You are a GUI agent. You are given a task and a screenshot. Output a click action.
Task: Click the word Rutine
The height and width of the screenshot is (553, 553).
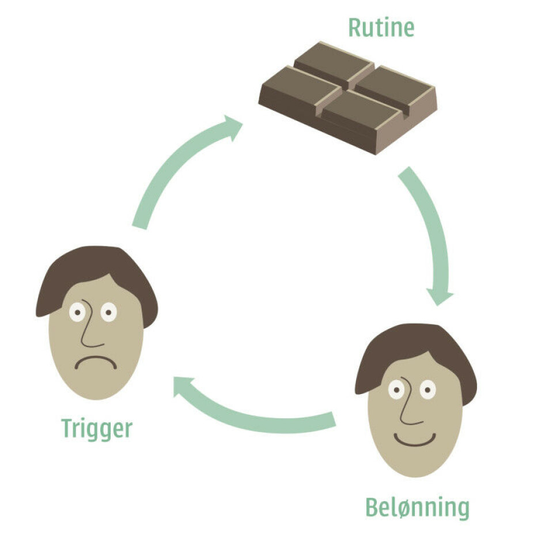point(381,28)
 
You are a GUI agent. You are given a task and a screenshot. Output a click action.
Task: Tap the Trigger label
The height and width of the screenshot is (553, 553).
point(97,429)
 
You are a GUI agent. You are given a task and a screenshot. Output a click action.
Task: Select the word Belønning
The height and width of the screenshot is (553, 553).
point(417,507)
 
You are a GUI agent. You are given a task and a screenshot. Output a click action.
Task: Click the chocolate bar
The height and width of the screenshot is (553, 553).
point(347,95)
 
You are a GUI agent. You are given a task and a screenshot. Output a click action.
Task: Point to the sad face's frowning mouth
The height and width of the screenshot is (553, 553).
point(96,363)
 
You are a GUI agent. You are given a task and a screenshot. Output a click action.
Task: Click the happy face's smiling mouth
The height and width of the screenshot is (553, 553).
point(415,441)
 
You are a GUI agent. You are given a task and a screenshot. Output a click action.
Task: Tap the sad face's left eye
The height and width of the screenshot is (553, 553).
point(77,312)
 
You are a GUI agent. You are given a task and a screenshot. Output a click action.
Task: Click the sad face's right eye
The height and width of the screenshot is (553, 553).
point(108,312)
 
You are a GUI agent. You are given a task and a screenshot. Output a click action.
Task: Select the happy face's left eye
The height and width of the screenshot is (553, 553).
point(396,390)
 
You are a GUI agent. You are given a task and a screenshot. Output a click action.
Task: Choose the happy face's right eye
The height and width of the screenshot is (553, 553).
point(427,390)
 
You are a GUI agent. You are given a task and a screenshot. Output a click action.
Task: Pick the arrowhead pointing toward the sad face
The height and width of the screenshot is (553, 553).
point(185,387)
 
